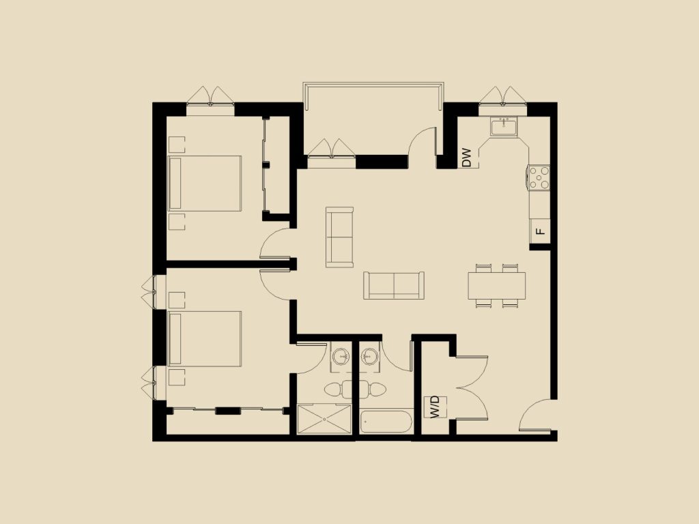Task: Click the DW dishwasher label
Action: tap(467, 158)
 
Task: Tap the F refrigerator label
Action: tap(541, 231)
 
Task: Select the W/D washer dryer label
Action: tap(435, 407)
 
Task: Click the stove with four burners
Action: tap(539, 177)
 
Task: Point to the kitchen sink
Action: tap(504, 126)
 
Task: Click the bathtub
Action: tap(386, 422)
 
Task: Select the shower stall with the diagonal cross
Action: tap(324, 419)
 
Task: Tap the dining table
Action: tap(497, 285)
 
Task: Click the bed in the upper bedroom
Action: tap(205, 183)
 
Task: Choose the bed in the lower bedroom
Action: tap(205, 338)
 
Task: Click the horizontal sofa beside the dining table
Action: tap(394, 285)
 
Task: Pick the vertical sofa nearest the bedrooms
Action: tap(340, 237)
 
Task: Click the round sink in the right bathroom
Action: tap(369, 355)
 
